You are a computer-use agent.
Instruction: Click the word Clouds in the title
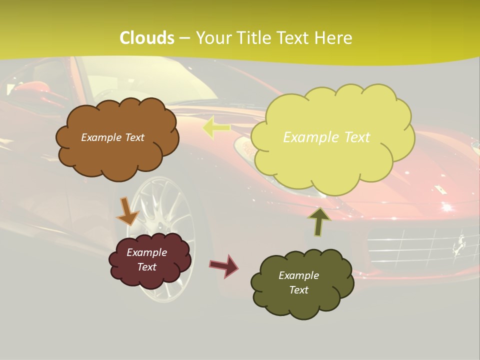147,38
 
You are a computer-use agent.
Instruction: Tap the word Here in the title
335,38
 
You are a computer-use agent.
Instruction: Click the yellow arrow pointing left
216,128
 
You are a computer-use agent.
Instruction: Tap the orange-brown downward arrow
127,211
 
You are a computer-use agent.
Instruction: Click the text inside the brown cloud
112,137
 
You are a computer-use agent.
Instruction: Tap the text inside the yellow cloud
326,137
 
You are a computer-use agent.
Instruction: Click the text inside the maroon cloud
146,260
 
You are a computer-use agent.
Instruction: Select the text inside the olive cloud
298,283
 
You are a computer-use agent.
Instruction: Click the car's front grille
420,245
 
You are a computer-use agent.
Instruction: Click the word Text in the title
296,38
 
